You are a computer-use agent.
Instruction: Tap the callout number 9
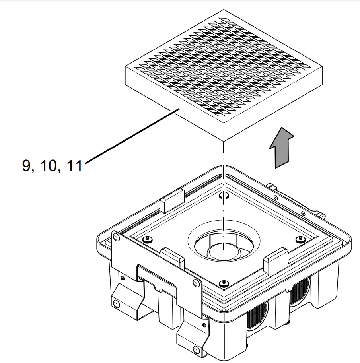click(x=27, y=165)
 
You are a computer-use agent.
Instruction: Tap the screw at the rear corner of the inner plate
click(x=224, y=195)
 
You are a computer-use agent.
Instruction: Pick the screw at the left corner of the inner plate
click(x=148, y=239)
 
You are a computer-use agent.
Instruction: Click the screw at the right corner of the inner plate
click(x=300, y=239)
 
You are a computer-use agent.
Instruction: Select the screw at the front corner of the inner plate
click(x=224, y=283)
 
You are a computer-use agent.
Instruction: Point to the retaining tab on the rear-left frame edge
click(x=171, y=199)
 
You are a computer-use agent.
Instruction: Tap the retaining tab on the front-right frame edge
click(x=276, y=258)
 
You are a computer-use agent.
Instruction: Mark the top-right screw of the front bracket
click(x=195, y=283)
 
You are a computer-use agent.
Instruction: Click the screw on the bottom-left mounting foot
click(x=116, y=305)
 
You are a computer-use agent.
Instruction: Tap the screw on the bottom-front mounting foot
click(x=195, y=350)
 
